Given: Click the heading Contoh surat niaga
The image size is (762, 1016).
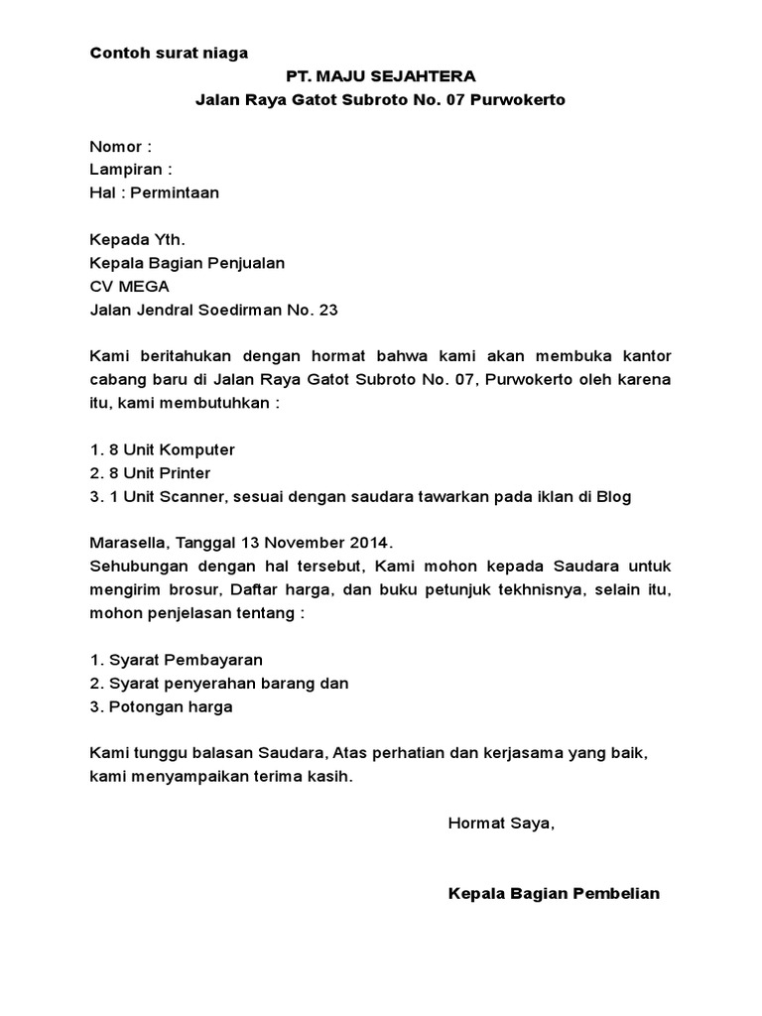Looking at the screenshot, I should [169, 54].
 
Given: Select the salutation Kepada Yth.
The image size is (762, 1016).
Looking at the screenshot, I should [137, 240].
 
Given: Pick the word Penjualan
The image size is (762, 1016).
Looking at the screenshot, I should [249, 263].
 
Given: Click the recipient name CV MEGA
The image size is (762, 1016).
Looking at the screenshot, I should [130, 287].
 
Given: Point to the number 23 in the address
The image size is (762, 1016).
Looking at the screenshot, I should [328, 311].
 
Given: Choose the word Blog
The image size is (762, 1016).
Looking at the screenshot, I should [611, 497].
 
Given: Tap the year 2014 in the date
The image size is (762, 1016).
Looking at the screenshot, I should [371, 544].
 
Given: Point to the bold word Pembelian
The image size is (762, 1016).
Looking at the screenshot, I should [617, 893].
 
